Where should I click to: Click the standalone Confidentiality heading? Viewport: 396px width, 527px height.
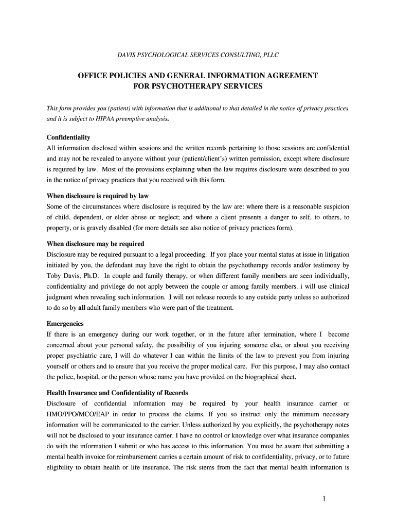[68, 137]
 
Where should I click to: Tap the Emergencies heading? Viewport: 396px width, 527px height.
[65, 324]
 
